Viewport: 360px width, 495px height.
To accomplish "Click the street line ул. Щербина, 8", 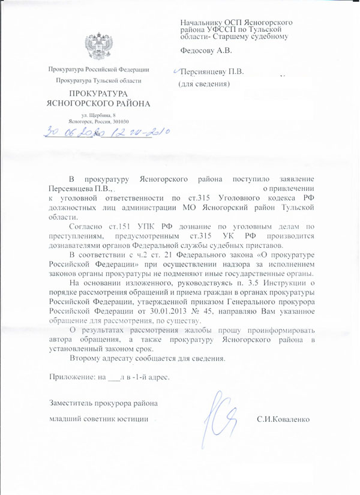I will pos(98,115).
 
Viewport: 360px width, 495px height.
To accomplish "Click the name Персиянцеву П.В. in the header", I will pos(209,73).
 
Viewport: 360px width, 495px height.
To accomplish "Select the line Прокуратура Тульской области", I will pos(98,80).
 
